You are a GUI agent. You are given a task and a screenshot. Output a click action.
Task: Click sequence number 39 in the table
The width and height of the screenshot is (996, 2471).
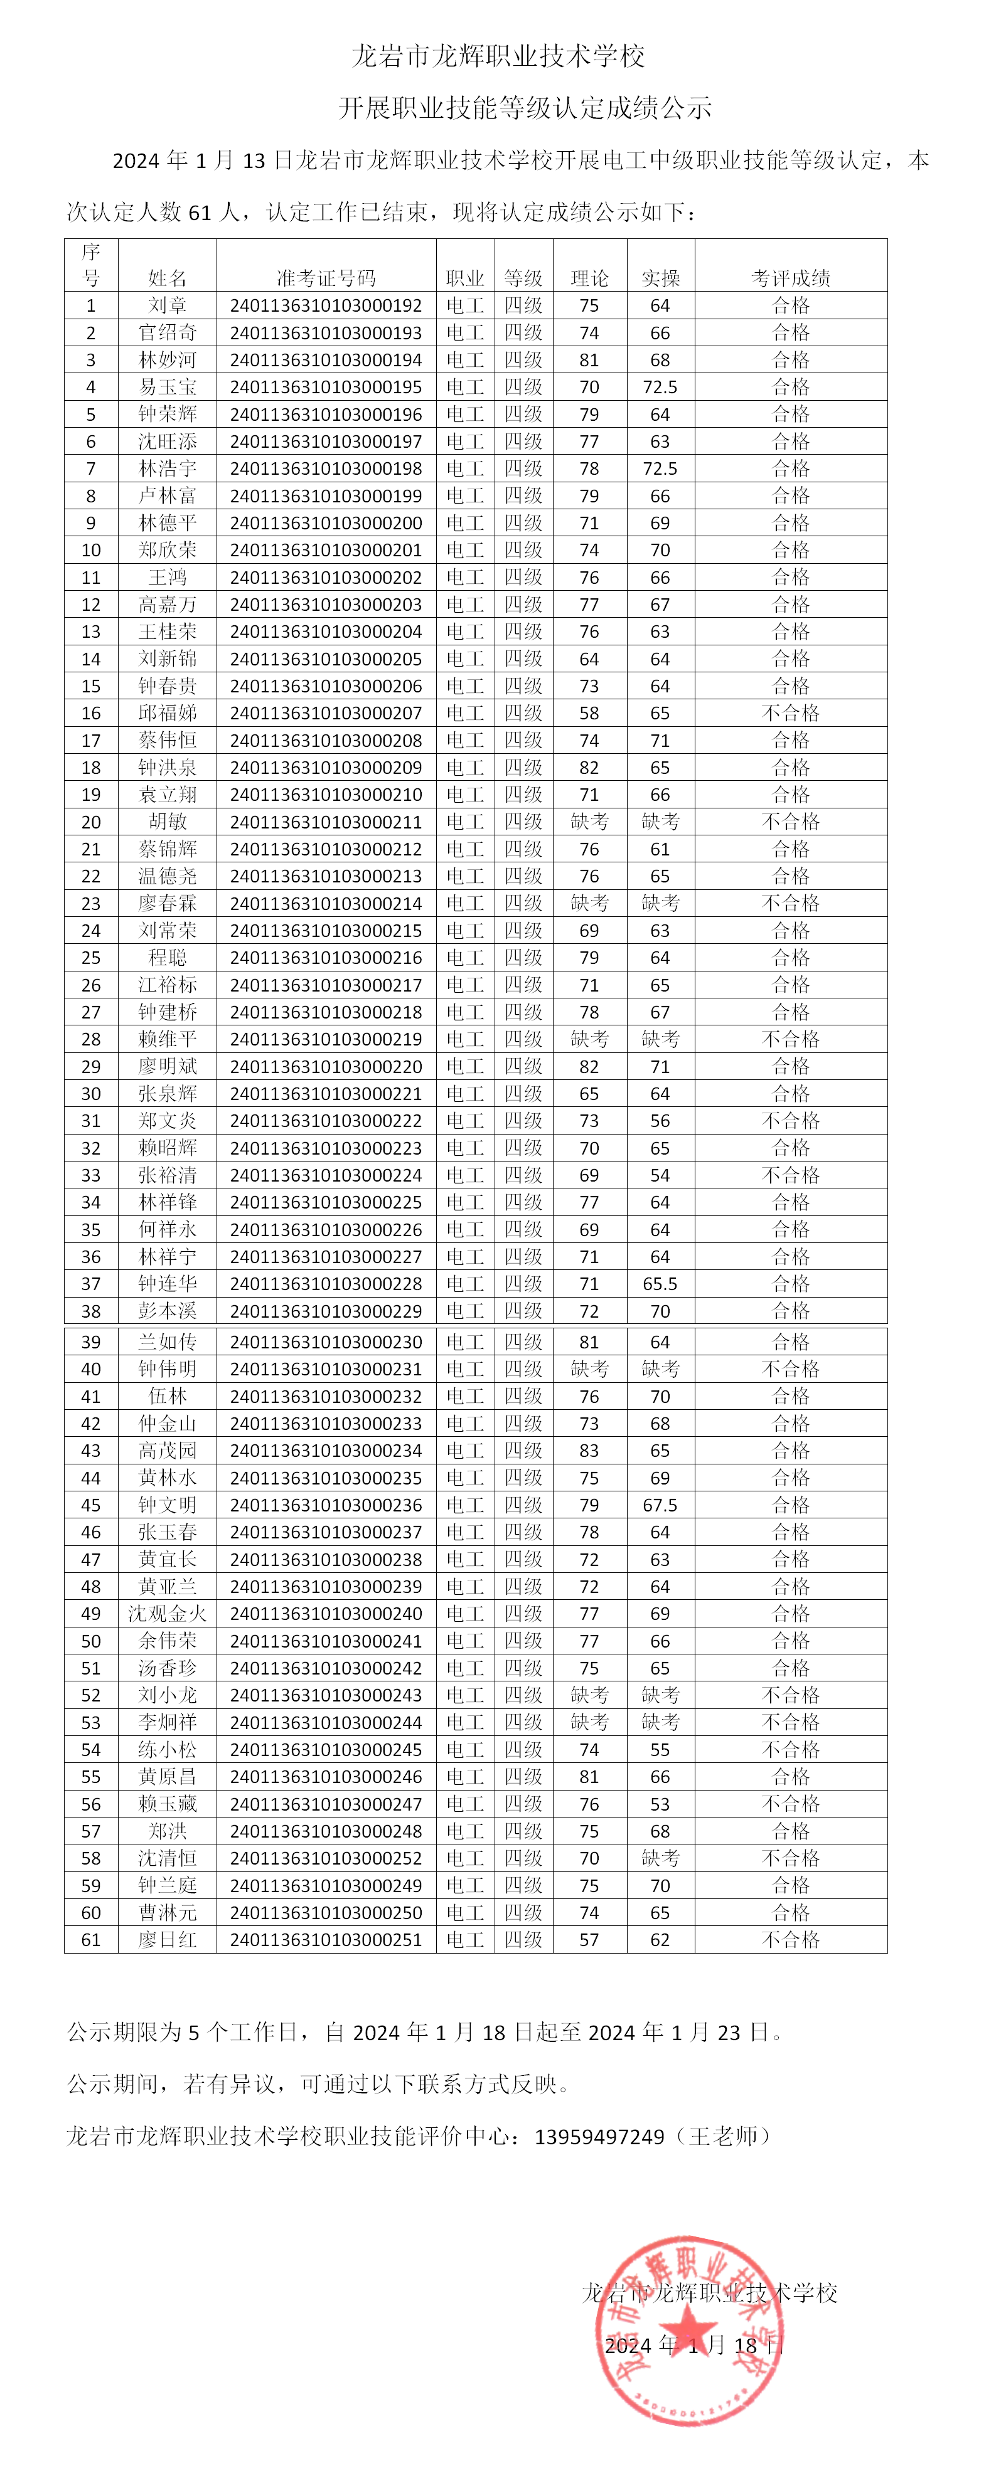pyautogui.click(x=91, y=1342)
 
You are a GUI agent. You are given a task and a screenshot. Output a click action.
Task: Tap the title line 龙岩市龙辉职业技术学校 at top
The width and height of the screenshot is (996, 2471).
pyautogui.click(x=498, y=56)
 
